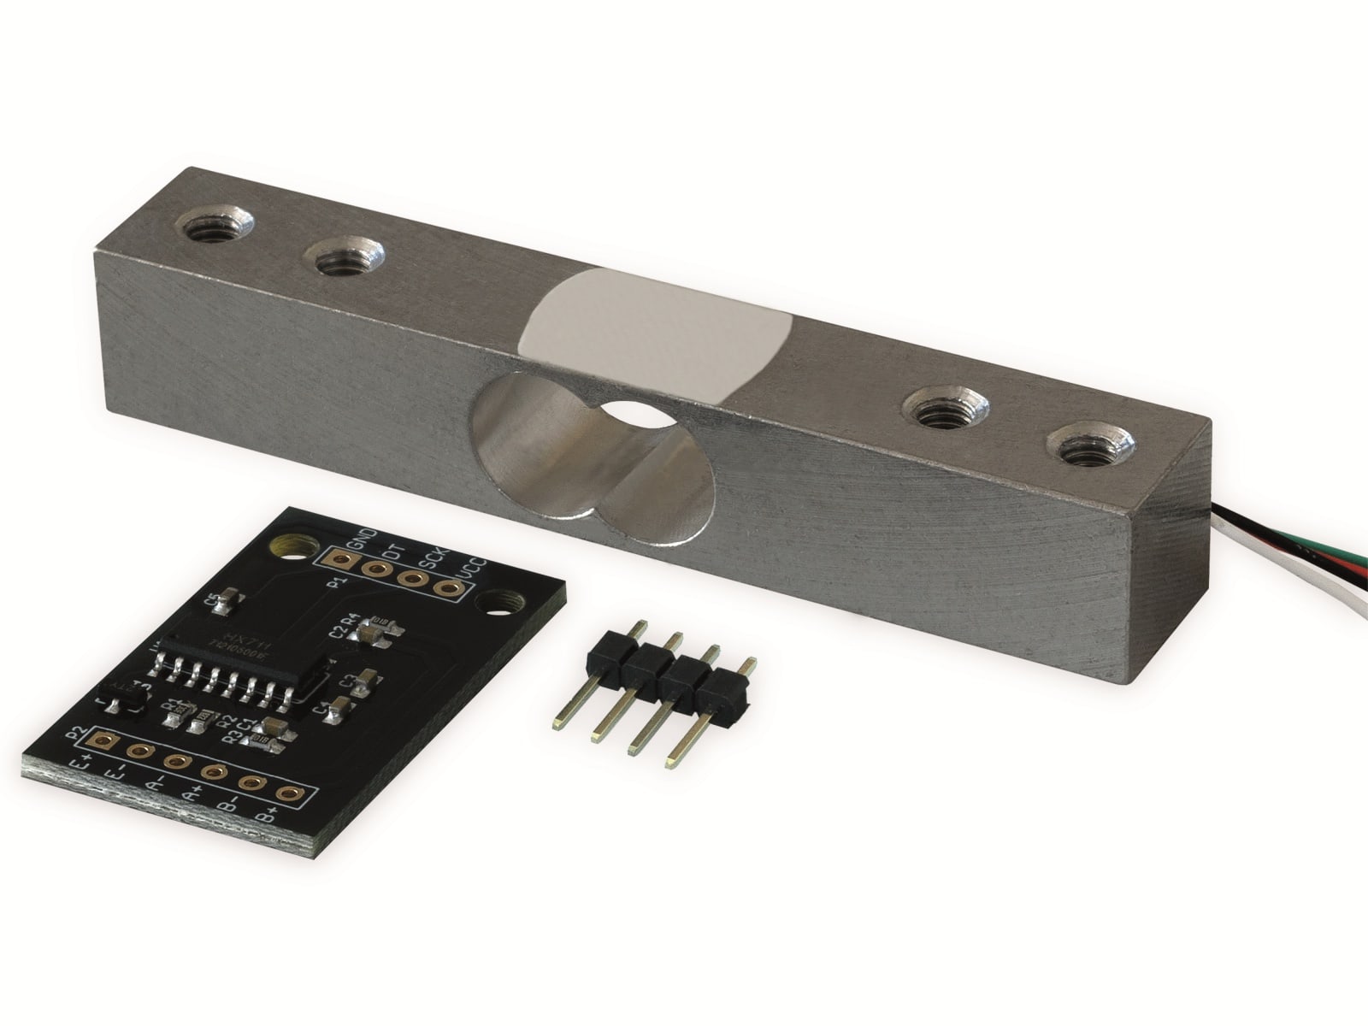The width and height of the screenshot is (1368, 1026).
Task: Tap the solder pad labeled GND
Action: click(x=342, y=561)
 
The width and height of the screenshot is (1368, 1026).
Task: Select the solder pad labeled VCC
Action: click(x=446, y=587)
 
